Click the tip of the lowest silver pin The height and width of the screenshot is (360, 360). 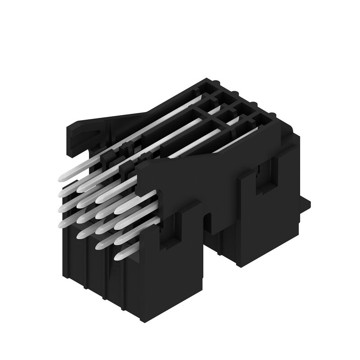click(x=118, y=257)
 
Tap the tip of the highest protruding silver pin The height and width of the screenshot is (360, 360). click(x=63, y=179)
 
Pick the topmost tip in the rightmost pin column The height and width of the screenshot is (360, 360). click(x=118, y=210)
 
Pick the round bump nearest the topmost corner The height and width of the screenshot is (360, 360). click(x=218, y=84)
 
